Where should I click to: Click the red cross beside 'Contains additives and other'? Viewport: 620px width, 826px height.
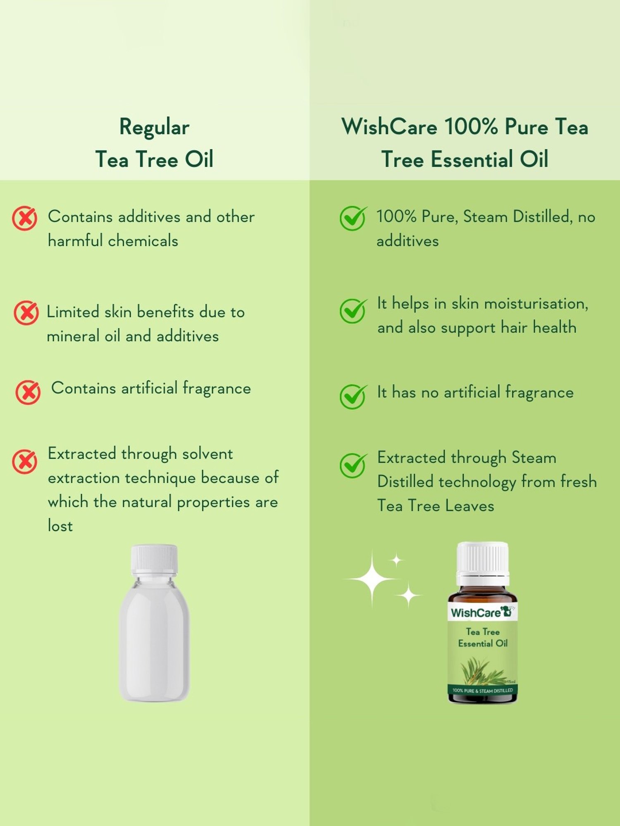click(x=24, y=218)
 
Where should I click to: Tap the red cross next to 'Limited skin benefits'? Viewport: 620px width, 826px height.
click(x=26, y=313)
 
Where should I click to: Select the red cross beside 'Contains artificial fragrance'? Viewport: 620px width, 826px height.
click(x=28, y=392)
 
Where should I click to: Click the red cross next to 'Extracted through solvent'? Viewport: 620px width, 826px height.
click(x=24, y=461)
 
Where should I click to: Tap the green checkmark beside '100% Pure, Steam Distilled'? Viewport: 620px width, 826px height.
click(x=353, y=218)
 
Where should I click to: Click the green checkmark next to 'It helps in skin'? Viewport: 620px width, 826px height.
click(x=353, y=311)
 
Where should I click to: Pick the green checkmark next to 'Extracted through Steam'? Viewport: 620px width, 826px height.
click(x=353, y=465)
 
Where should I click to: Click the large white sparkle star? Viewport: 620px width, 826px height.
click(x=372, y=579)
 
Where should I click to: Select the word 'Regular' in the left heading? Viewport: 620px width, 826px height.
click(x=154, y=127)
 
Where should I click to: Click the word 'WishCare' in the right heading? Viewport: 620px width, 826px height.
click(x=389, y=126)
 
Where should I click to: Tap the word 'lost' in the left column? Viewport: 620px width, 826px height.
click(x=60, y=526)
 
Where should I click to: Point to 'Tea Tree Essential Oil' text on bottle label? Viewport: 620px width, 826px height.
click(x=482, y=637)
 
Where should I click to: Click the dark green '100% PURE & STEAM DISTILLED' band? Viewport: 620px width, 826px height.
click(x=482, y=690)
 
